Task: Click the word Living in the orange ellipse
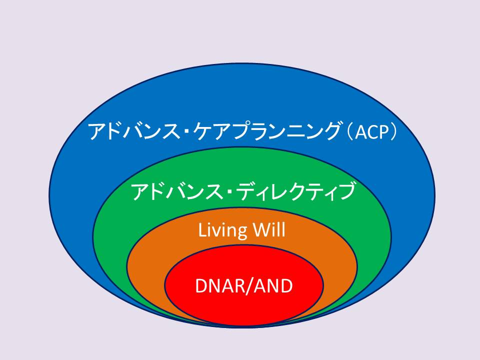[x=222, y=230]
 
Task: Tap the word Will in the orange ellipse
[x=268, y=229]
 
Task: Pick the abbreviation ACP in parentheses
[x=371, y=132]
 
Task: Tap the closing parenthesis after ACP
[x=393, y=132]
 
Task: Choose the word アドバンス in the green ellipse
[x=177, y=191]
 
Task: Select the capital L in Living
[x=202, y=230]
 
